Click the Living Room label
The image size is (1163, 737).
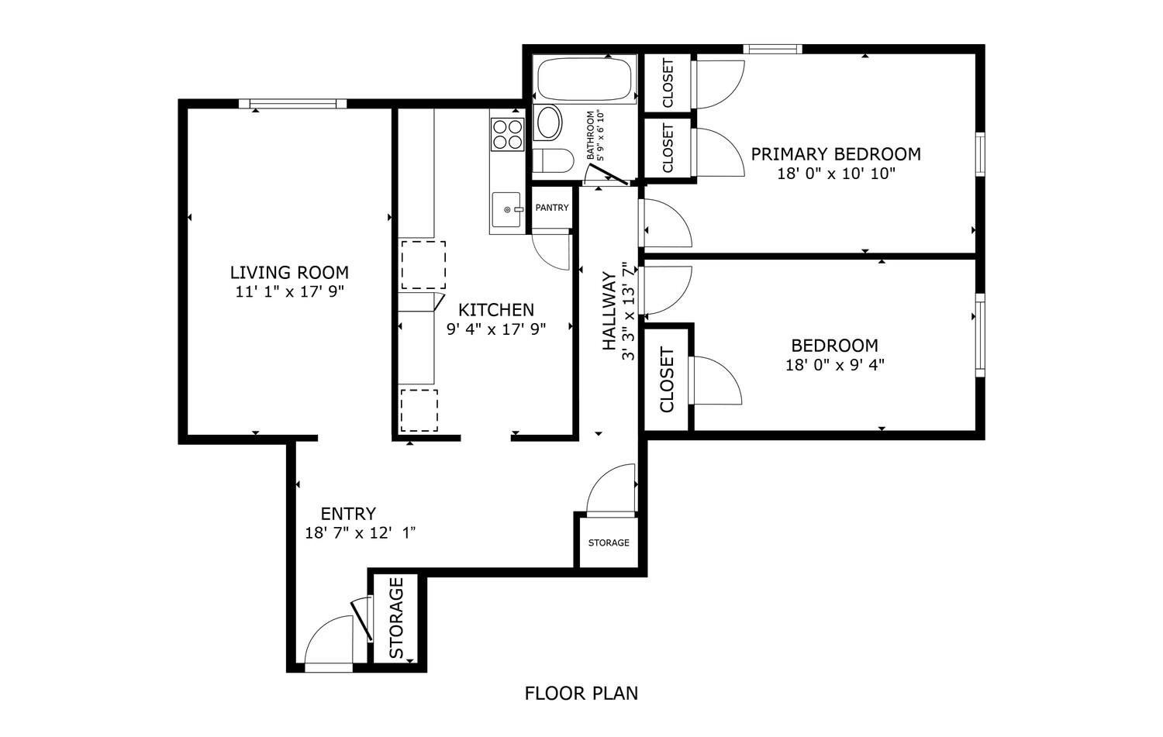[289, 273]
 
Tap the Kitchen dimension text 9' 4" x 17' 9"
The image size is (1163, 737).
[496, 329]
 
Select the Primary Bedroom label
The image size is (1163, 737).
[836, 154]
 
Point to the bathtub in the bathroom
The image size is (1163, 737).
[585, 79]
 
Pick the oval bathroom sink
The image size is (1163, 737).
[548, 123]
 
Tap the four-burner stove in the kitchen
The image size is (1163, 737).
[507, 134]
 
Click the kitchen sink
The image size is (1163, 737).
[506, 209]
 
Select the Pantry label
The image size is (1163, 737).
[552, 208]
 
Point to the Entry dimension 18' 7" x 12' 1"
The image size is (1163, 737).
[360, 533]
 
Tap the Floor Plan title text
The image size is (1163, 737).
[581, 694]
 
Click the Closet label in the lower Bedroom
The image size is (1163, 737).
[667, 380]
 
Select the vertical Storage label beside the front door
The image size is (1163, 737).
[396, 618]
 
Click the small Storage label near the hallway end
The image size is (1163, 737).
[609, 543]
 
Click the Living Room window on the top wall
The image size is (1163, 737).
[293, 104]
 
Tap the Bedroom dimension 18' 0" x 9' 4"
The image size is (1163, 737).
[835, 365]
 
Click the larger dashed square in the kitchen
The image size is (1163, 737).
[423, 265]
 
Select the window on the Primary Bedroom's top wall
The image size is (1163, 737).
[772, 50]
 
